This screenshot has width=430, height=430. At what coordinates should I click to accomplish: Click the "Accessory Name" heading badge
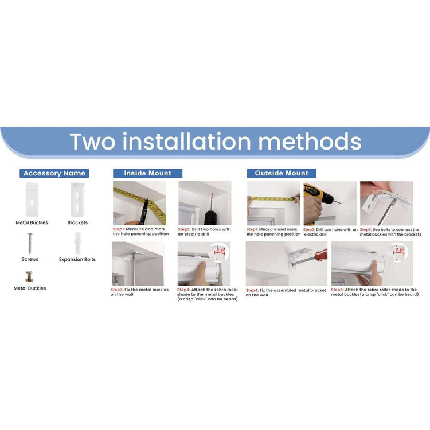pos(54,173)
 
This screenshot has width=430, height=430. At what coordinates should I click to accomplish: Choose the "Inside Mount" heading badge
pos(147,173)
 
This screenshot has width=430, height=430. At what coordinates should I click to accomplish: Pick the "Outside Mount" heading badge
pos(282,173)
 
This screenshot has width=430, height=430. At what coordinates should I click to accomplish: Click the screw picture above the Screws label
pos(30,243)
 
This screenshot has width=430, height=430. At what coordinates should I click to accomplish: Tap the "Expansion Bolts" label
pos(77,259)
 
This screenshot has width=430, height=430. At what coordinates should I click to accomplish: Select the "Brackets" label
pos(77,222)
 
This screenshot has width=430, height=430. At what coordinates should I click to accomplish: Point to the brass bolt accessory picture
pos(29,276)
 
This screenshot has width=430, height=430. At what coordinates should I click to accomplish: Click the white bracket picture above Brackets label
pos(77,200)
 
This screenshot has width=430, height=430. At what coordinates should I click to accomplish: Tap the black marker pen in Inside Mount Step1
pos(143,212)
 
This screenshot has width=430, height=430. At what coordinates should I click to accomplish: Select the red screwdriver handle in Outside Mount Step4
pos(321,255)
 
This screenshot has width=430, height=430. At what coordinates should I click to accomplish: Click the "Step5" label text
pos(337,290)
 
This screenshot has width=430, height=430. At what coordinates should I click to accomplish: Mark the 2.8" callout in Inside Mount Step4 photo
pos(220,251)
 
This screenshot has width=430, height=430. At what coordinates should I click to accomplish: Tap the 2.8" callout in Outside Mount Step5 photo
pos(399,251)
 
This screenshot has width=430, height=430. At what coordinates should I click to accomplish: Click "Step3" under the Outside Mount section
pos(366,230)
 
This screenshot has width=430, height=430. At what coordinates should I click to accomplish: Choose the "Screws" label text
pos(30,259)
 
